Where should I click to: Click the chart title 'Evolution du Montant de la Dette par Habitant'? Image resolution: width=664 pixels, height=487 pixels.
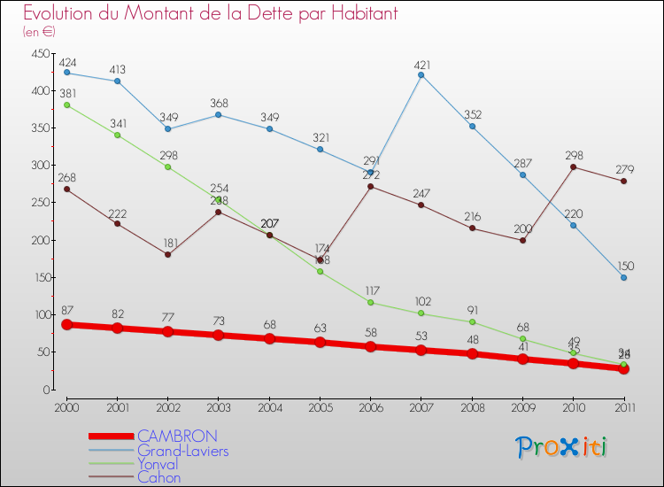click(210, 14)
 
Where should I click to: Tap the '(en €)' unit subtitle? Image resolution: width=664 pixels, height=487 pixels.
click(40, 32)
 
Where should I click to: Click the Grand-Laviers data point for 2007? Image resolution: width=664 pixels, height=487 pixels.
click(421, 75)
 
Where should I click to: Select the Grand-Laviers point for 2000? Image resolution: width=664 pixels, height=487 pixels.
click(66, 73)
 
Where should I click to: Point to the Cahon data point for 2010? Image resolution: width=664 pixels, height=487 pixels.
click(573, 166)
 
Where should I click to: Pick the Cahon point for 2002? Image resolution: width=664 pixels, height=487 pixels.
click(167, 254)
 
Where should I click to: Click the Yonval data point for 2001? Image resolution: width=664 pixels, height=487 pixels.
click(117, 135)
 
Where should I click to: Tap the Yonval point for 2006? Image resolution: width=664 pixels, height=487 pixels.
click(370, 302)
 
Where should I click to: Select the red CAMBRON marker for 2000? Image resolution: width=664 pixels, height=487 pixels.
click(66, 324)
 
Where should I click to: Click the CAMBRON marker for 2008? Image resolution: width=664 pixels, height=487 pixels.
click(472, 353)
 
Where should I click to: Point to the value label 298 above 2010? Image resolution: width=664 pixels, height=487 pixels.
click(573, 156)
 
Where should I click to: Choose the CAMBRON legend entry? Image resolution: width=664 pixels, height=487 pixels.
click(177, 437)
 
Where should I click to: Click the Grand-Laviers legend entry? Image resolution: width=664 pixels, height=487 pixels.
click(182, 451)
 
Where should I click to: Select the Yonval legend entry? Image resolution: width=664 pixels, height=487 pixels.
click(158, 464)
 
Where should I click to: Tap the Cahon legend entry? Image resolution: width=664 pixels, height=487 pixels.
click(158, 477)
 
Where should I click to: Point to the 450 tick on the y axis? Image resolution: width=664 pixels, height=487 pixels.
click(39, 54)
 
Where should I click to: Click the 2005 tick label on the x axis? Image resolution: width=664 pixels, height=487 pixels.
click(320, 406)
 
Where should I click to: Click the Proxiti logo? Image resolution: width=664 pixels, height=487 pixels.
click(562, 447)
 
